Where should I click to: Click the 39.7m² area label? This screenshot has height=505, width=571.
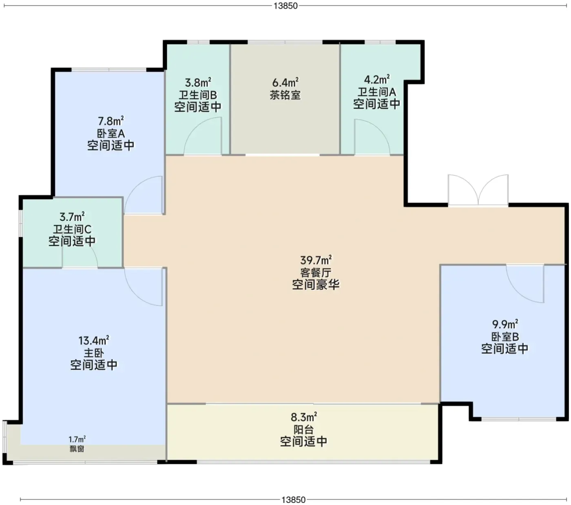click(316, 260)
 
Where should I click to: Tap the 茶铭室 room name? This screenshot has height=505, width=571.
click(285, 95)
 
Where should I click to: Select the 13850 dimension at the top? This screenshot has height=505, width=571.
click(285, 6)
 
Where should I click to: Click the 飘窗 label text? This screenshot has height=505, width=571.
click(77, 449)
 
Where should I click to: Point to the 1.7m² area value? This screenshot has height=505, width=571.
click(77, 440)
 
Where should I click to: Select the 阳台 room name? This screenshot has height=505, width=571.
click(303, 429)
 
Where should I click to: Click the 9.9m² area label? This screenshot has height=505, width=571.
click(505, 325)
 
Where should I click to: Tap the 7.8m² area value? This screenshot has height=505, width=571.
click(111, 121)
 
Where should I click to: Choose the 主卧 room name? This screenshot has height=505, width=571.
click(94, 353)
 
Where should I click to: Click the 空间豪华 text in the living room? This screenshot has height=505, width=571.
click(316, 285)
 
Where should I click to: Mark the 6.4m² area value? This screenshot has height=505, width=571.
click(285, 82)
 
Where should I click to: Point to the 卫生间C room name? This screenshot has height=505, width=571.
click(72, 229)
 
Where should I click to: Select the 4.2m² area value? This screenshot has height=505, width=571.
click(377, 80)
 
